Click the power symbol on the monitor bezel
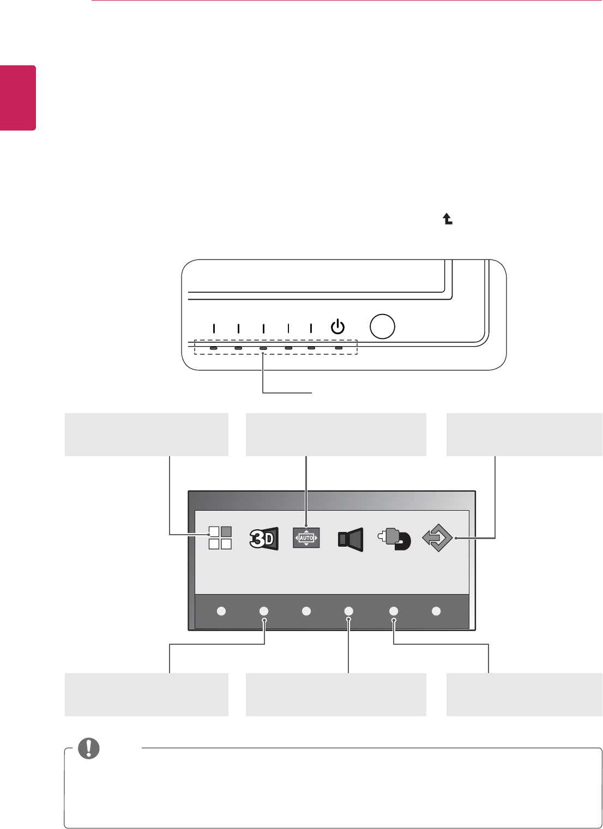pos(338,327)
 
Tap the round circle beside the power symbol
pos(382,326)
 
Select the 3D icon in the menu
pos(264,538)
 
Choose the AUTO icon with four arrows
pos(306,537)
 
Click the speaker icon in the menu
pos(349,538)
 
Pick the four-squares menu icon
pos(220,537)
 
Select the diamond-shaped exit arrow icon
pos(438,538)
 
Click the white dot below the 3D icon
pos(264,612)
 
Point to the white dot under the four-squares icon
pos(221,612)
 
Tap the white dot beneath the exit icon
pos(436,612)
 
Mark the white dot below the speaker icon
pos(349,612)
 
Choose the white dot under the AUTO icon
pos(306,612)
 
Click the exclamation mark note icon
pos(89,748)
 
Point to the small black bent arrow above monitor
pos(447,219)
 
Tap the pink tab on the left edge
pos(18,98)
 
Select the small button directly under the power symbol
pos(339,348)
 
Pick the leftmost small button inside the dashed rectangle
pos(214,348)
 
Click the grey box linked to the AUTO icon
pos(336,434)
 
